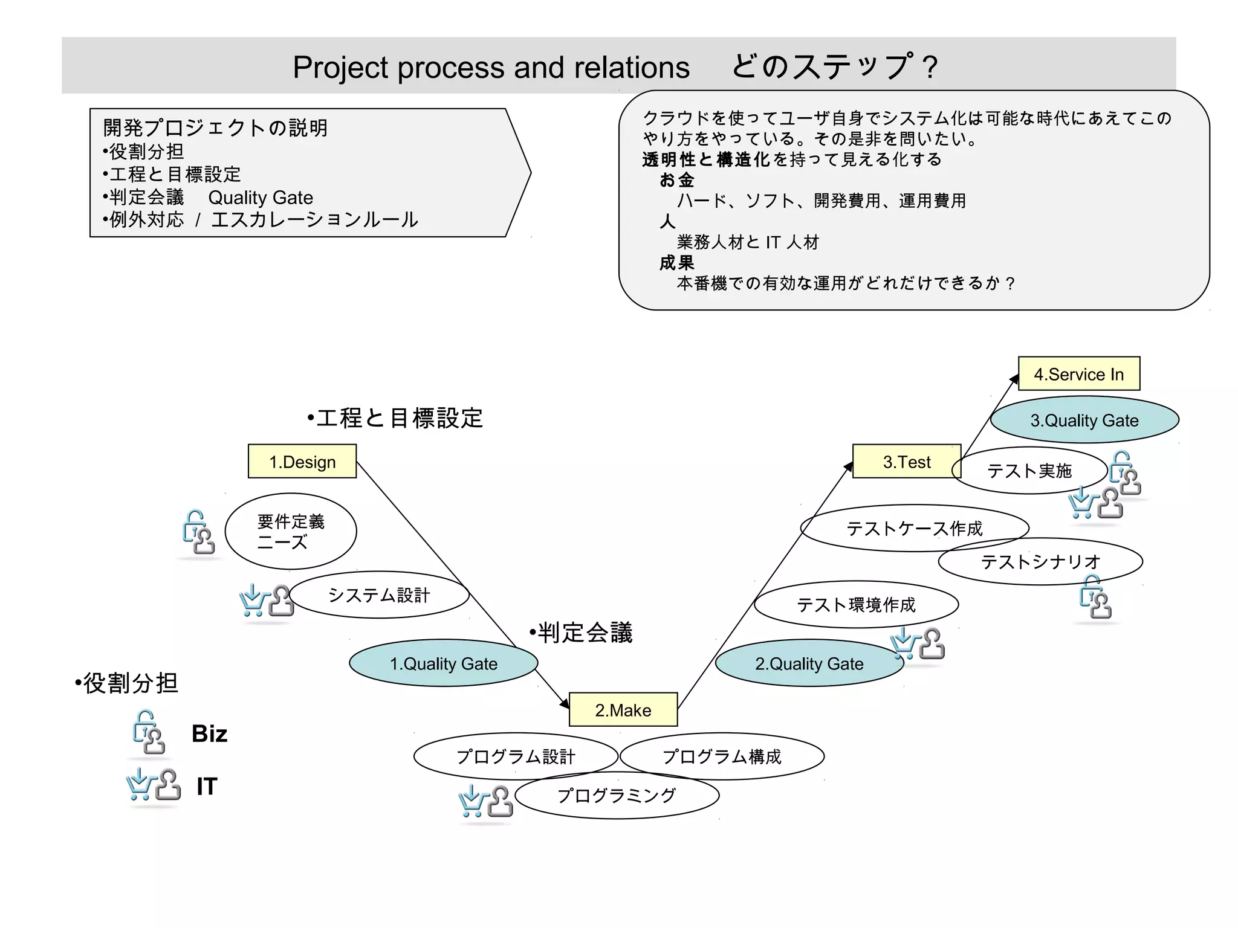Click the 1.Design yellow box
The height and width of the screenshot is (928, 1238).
pyautogui.click(x=302, y=462)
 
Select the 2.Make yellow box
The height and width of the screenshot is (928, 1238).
pyautogui.click(x=623, y=710)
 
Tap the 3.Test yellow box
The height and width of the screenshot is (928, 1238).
pyautogui.click(x=906, y=462)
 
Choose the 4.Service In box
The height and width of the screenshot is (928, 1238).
pyautogui.click(x=1079, y=374)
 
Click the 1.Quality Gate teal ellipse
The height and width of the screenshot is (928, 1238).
pyautogui.click(x=444, y=663)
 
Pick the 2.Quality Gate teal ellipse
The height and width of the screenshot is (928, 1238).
pyautogui.click(x=809, y=663)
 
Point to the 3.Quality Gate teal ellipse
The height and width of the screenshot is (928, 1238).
pyautogui.click(x=1084, y=420)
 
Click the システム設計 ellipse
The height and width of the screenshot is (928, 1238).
pyautogui.click(x=379, y=595)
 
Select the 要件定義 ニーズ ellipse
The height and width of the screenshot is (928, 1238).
pyautogui.click(x=291, y=531)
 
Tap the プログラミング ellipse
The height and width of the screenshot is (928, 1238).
pyautogui.click(x=617, y=796)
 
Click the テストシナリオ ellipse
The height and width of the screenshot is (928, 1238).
pyautogui.click(x=1040, y=562)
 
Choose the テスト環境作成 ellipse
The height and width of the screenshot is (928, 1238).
pyautogui.click(x=856, y=605)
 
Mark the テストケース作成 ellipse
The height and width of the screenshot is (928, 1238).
pyautogui.click(x=914, y=529)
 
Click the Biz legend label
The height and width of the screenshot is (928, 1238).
pyautogui.click(x=209, y=733)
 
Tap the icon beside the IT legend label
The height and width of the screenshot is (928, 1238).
pyautogui.click(x=154, y=785)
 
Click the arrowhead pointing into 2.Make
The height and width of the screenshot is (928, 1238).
pyautogui.click(x=565, y=703)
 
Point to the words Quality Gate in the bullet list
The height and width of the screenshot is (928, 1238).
pyautogui.click(x=261, y=198)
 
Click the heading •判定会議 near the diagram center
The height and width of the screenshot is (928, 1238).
pyautogui.click(x=581, y=633)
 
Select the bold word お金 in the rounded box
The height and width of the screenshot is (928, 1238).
pyautogui.click(x=676, y=180)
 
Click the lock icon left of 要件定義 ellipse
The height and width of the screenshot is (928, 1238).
pyautogui.click(x=198, y=532)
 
